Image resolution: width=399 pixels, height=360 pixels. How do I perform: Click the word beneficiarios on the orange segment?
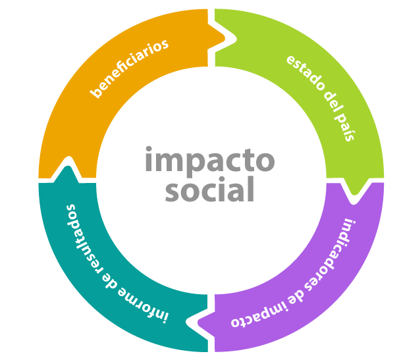[129, 68]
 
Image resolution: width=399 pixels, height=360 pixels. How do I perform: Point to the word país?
[347, 128]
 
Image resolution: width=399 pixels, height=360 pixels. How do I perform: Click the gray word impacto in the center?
[209, 161]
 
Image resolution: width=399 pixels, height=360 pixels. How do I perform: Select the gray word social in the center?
[209, 191]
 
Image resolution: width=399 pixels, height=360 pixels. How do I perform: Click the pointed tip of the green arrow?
[355, 195]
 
